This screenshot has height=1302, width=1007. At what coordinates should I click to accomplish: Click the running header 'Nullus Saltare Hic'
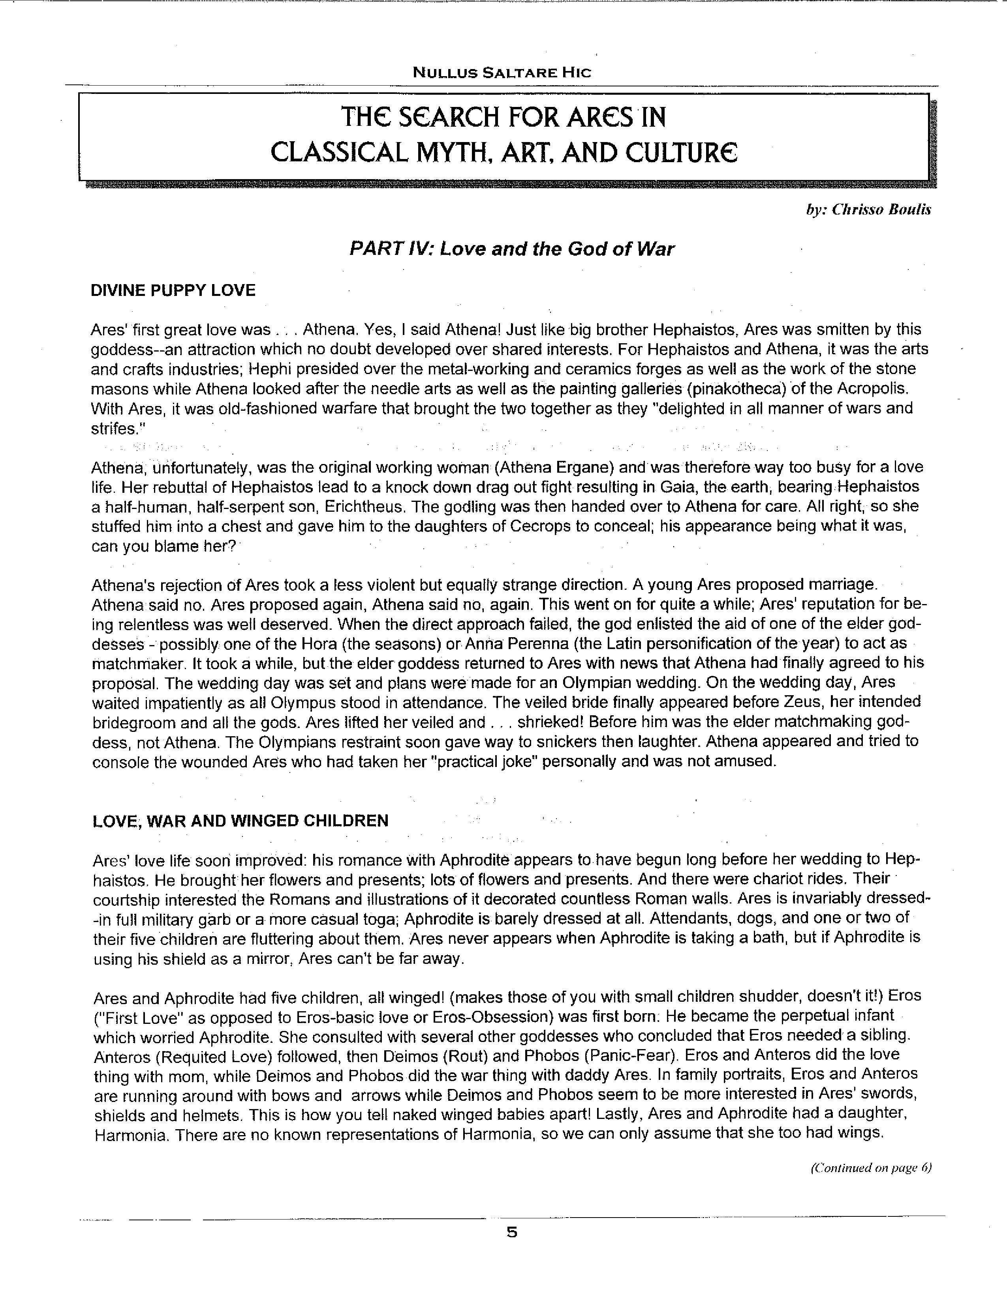coord(502,73)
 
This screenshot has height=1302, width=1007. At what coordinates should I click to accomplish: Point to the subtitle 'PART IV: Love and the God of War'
coord(511,249)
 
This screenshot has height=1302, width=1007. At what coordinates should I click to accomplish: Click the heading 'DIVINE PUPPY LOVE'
coord(173,290)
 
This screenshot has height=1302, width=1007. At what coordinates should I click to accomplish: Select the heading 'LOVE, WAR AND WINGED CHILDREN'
coord(240,821)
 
